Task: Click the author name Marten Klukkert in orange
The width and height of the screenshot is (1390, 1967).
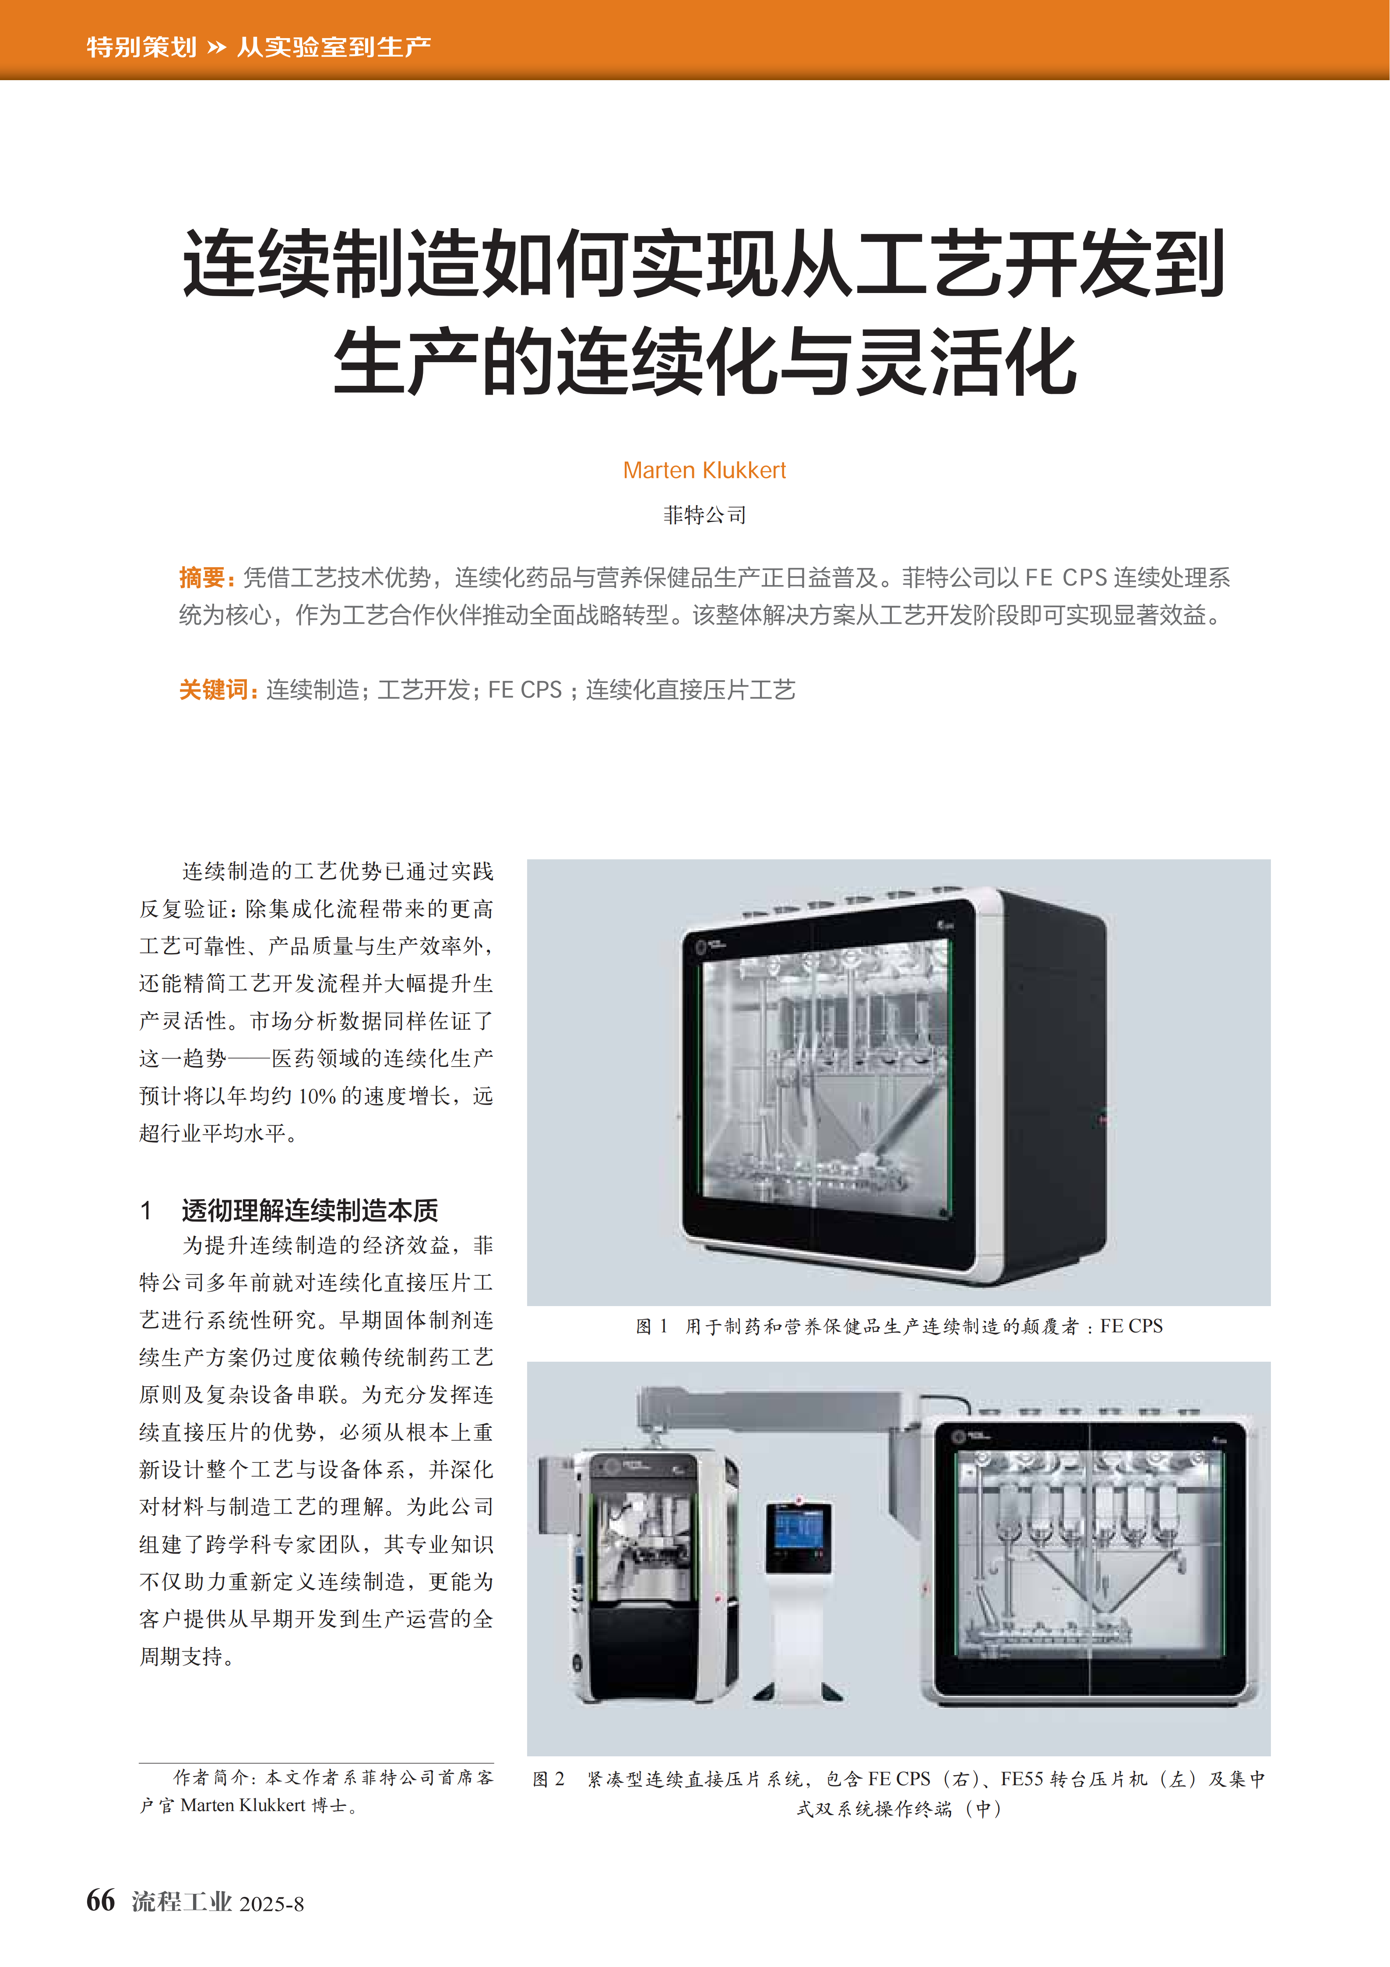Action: point(704,470)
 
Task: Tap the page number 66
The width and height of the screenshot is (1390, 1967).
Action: point(100,1900)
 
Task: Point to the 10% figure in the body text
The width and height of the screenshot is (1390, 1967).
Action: point(317,1096)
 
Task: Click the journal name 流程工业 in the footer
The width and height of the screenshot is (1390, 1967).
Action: point(182,1902)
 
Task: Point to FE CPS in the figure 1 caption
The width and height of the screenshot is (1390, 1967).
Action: point(1131,1326)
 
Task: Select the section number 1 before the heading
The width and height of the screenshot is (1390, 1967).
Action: point(147,1211)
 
